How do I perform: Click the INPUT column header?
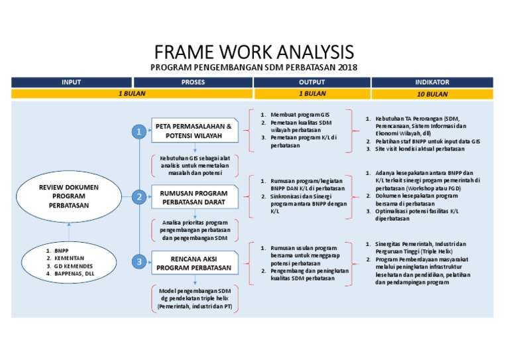tap(72, 82)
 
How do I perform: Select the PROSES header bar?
tap(193, 82)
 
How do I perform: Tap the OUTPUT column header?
tap(311, 82)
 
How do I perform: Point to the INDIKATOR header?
tap(432, 82)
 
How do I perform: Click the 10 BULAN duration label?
tap(432, 94)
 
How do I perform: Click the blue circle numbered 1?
tap(139, 133)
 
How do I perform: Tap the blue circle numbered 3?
tap(139, 263)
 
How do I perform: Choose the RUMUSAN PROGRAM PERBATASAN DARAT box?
tap(194, 197)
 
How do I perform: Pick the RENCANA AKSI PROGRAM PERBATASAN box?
tap(194, 263)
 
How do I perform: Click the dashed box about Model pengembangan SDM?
tap(194, 300)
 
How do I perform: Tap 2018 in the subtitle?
tap(347, 68)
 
